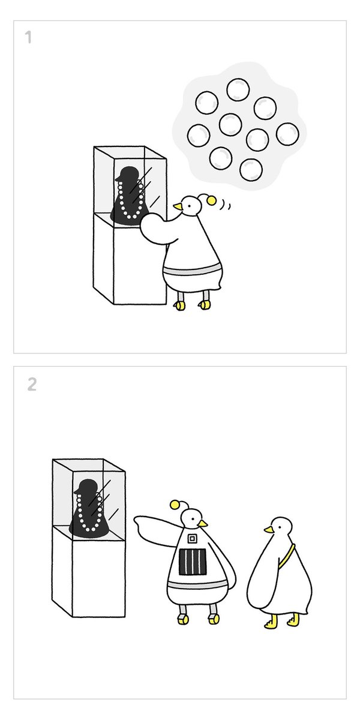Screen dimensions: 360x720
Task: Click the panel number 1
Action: point(29,37)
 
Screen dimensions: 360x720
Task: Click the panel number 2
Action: point(32,384)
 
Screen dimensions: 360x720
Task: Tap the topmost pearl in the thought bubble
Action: point(238,89)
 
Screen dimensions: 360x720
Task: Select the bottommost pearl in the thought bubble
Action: point(251,169)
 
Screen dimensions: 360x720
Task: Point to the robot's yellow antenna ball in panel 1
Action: point(212,200)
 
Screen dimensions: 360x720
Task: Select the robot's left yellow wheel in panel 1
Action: point(180,305)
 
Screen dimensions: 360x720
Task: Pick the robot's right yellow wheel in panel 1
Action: point(205,305)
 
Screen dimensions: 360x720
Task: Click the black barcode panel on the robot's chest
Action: point(193,563)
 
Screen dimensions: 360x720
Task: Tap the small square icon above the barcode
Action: point(192,538)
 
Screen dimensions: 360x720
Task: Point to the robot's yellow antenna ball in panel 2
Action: point(175,505)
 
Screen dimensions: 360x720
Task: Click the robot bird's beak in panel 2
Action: point(203,523)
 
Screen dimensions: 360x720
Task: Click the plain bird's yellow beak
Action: point(269,529)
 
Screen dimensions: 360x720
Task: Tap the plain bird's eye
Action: point(279,526)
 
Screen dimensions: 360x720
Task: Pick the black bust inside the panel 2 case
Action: point(89,509)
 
